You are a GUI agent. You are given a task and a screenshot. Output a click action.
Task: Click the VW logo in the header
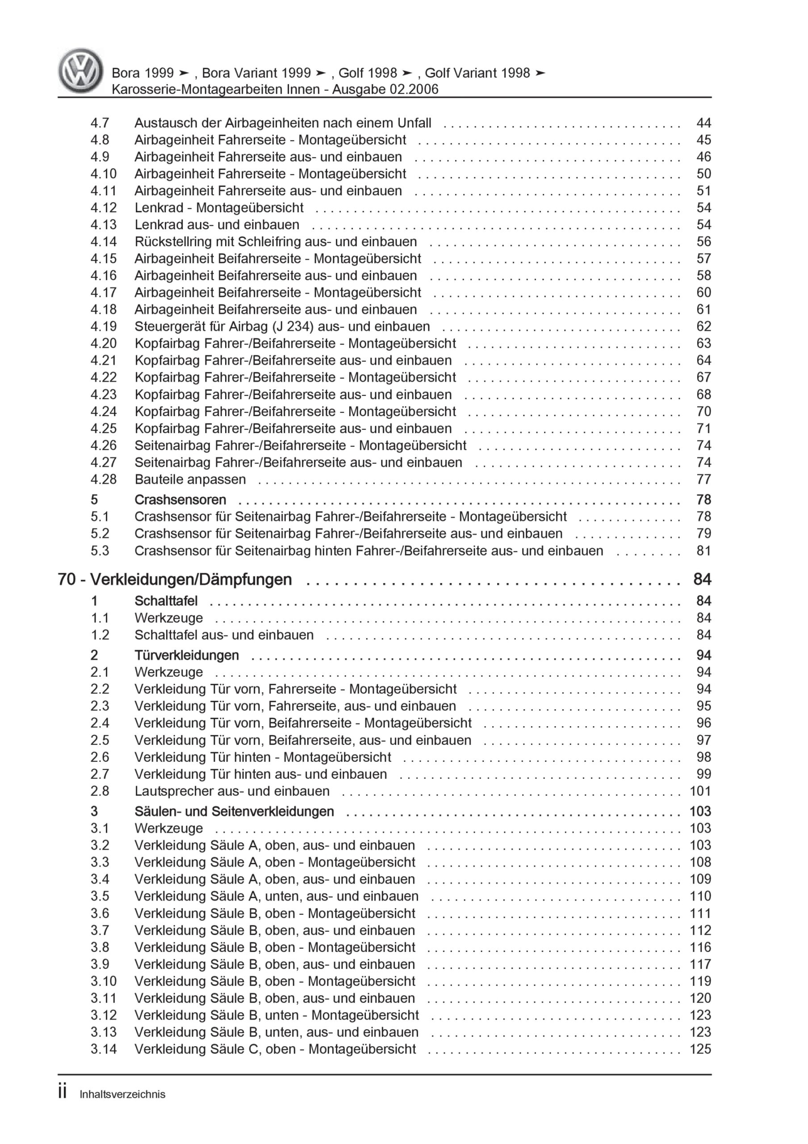[x=81, y=71]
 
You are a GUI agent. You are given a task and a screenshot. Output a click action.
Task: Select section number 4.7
[x=100, y=123]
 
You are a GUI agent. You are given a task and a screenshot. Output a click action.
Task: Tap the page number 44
[x=703, y=123]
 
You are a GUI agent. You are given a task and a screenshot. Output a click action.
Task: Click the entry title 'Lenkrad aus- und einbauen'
[x=217, y=225]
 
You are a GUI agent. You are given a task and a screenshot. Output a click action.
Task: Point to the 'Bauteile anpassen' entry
[x=190, y=479]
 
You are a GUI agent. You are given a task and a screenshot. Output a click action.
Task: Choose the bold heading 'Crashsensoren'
[x=180, y=500]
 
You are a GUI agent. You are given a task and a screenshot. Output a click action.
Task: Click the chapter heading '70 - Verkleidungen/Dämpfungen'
[x=175, y=580]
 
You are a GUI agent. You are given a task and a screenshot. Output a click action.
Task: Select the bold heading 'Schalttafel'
[x=166, y=601]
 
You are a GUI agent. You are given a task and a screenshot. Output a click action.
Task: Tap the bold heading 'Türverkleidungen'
[x=186, y=655]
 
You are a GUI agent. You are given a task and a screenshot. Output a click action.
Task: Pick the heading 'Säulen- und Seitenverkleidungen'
[x=234, y=811]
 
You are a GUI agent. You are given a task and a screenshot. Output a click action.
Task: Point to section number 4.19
[x=103, y=326]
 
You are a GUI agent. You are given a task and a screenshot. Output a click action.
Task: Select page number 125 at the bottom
[x=700, y=1049]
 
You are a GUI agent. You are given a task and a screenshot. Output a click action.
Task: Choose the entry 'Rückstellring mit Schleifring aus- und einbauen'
[x=276, y=242]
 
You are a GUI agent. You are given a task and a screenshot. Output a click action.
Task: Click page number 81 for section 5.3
[x=703, y=551]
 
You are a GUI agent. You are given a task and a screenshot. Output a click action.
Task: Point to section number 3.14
[x=103, y=1049]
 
